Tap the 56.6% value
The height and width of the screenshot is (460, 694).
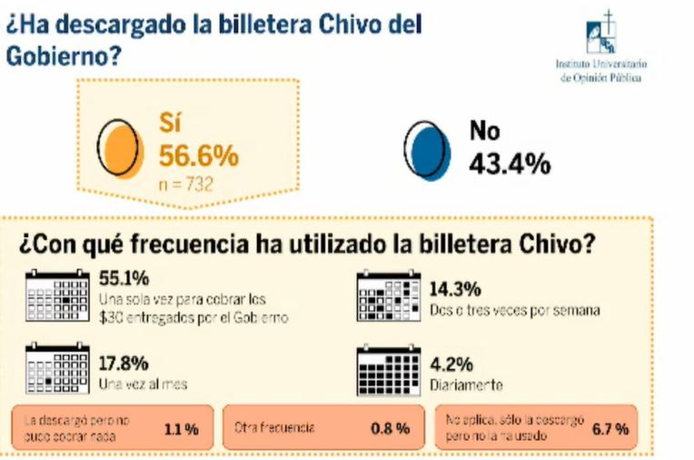199,155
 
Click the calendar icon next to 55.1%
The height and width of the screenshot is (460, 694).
55,295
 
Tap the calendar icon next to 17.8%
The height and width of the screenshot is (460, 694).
55,368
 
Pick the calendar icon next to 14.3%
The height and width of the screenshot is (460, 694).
389,295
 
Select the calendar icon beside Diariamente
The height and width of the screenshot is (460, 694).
389,368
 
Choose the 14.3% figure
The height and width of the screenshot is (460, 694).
454,291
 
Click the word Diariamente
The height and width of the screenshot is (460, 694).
465,385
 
